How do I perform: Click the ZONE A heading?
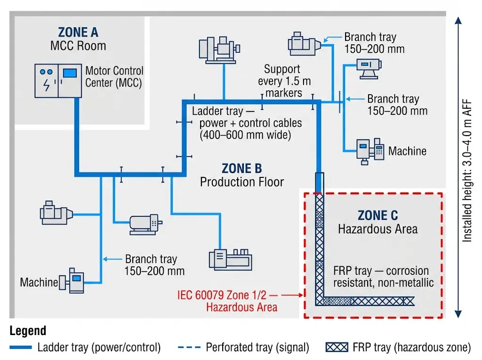click(x=78, y=32)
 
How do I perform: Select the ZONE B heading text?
click(x=241, y=168)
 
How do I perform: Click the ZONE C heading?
click(x=378, y=216)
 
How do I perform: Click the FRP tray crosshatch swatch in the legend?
click(x=337, y=348)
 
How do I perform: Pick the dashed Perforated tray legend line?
click(x=189, y=348)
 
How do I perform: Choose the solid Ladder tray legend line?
click(x=22, y=348)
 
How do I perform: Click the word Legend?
click(x=28, y=331)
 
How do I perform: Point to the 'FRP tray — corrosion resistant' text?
click(x=381, y=277)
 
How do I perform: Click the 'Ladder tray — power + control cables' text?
click(x=247, y=123)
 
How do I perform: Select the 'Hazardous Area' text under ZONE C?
click(x=378, y=229)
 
